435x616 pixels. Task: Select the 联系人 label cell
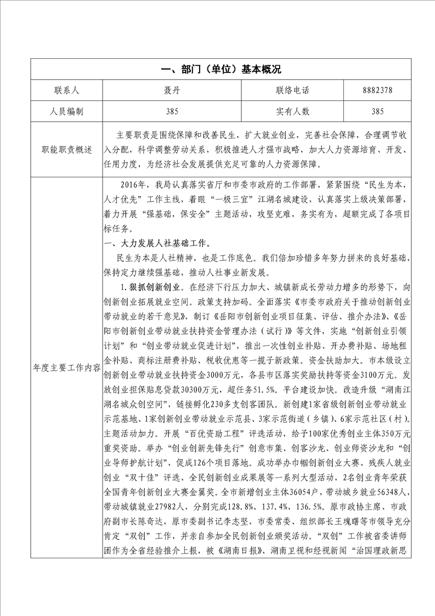click(x=66, y=91)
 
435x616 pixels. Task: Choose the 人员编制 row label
click(x=66, y=111)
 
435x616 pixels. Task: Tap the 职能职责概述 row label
click(x=66, y=149)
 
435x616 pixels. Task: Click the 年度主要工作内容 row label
click(x=66, y=368)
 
